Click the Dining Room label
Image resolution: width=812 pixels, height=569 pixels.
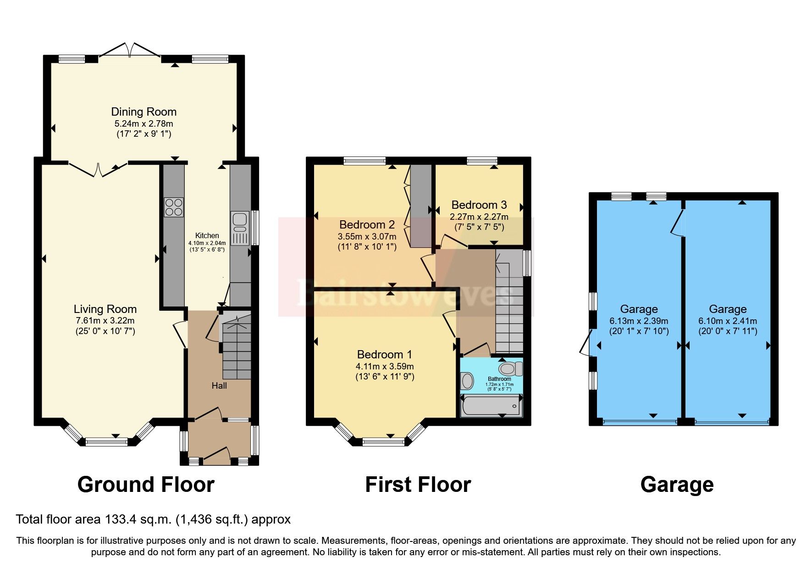[144, 112]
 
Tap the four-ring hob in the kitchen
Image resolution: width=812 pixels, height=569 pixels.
[174, 207]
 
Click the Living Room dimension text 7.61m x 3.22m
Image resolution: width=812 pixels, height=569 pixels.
[105, 320]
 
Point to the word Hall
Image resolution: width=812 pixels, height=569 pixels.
[219, 385]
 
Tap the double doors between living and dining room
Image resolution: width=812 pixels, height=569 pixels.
[98, 169]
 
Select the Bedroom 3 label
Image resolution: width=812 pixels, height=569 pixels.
[479, 205]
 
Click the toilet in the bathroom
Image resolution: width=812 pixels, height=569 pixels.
[510, 368]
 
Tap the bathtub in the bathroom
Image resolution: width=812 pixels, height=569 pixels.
[491, 406]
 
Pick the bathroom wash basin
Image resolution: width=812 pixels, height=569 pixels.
[467, 380]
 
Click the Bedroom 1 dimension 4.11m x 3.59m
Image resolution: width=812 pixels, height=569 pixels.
[384, 366]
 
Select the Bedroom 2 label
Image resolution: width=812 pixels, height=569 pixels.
[367, 224]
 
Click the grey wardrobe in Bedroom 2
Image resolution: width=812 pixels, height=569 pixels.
[420, 206]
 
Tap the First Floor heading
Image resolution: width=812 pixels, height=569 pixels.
[418, 485]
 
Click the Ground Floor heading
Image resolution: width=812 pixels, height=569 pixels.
[146, 485]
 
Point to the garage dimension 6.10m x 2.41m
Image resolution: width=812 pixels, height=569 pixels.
[727, 321]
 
